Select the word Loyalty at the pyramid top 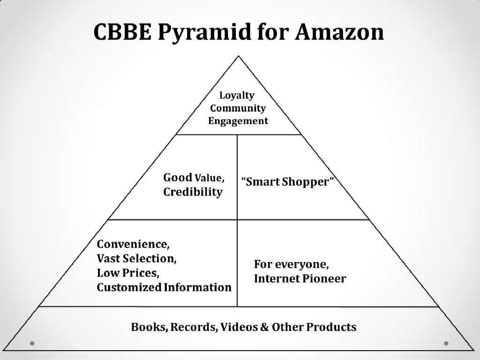[x=237, y=96]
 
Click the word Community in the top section [x=238, y=108]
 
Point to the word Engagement [x=238, y=121]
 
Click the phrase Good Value [x=193, y=178]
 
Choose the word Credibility [x=193, y=193]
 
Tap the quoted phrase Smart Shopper [x=288, y=182]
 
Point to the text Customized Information [x=164, y=287]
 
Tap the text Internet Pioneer [x=300, y=279]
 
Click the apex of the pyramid [x=239, y=56]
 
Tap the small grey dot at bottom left [x=32, y=343]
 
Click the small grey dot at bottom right [x=447, y=343]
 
